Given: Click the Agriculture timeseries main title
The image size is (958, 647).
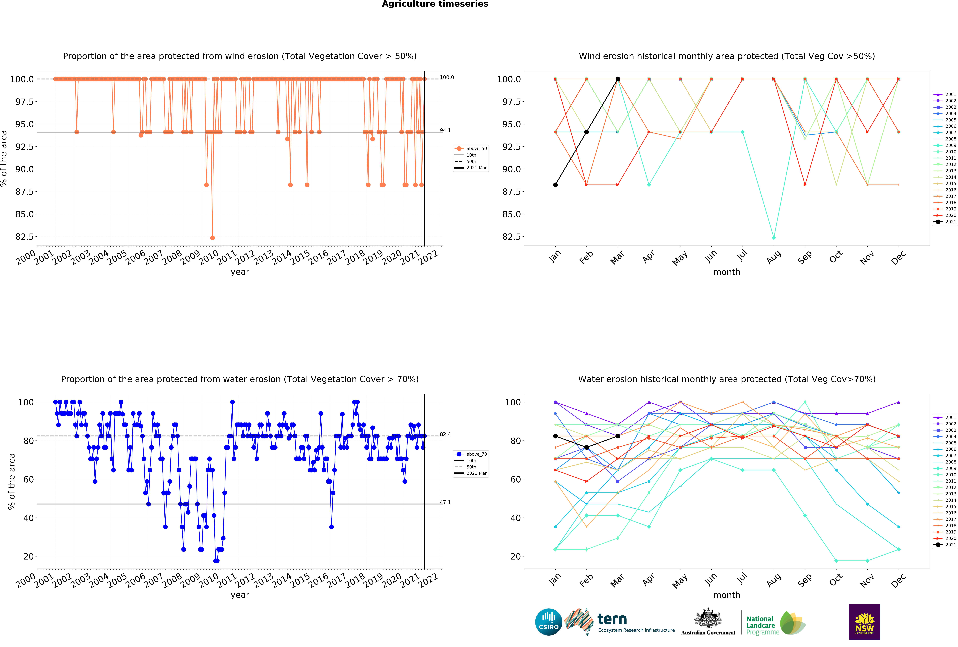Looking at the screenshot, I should (x=435, y=4).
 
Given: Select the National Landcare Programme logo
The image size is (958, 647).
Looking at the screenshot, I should (x=775, y=623).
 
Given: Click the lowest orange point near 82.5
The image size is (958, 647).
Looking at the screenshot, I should (x=212, y=238).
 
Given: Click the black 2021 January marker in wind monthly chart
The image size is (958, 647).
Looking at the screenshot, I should (x=555, y=185).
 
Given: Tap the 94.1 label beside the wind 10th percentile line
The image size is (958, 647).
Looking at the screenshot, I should (x=445, y=131).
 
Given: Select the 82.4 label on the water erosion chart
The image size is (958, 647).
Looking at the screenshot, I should (x=445, y=434).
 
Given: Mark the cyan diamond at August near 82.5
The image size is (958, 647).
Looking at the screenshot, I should (x=774, y=238).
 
